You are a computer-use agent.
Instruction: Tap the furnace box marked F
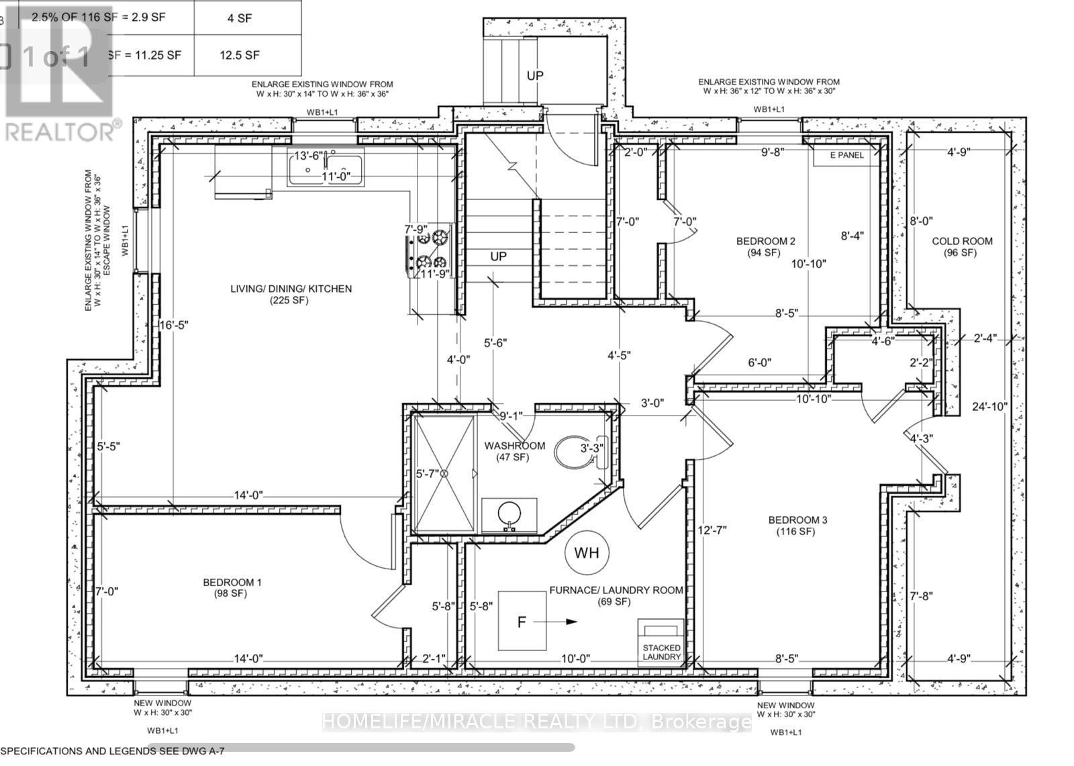point(522,620)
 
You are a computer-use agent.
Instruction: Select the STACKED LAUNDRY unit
point(661,643)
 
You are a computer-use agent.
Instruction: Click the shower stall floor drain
point(444,474)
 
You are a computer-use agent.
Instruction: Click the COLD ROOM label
point(962,241)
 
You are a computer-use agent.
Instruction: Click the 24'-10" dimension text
point(989,406)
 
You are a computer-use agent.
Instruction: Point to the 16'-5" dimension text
point(174,325)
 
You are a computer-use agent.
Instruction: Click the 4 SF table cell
point(240,18)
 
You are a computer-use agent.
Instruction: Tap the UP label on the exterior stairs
point(534,76)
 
